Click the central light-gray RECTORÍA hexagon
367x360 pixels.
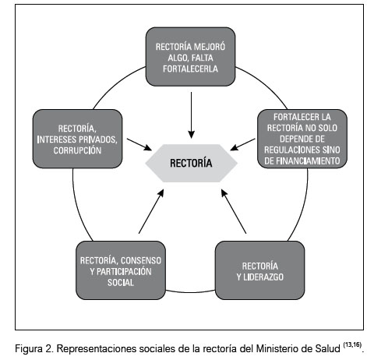coord(191,163)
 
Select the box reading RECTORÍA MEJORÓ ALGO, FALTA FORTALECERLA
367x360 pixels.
coord(190,57)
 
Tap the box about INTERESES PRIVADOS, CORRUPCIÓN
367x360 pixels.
coord(77,139)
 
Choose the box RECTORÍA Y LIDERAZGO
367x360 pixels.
coord(259,270)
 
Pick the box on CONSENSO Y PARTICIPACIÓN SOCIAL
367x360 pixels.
coord(121,270)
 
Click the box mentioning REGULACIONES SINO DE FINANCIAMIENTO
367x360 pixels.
coord(302,139)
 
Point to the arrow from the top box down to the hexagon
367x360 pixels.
coord(191,115)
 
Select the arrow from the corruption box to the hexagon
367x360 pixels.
coord(139,144)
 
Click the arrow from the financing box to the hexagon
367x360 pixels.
coord(242,144)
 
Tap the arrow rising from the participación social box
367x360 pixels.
coord(151,211)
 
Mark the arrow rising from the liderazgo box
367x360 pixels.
coord(234,211)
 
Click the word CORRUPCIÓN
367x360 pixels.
coord(77,150)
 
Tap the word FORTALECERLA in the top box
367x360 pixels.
coord(190,69)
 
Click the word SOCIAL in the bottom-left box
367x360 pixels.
coord(121,283)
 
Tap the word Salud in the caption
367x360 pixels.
coord(328,348)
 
